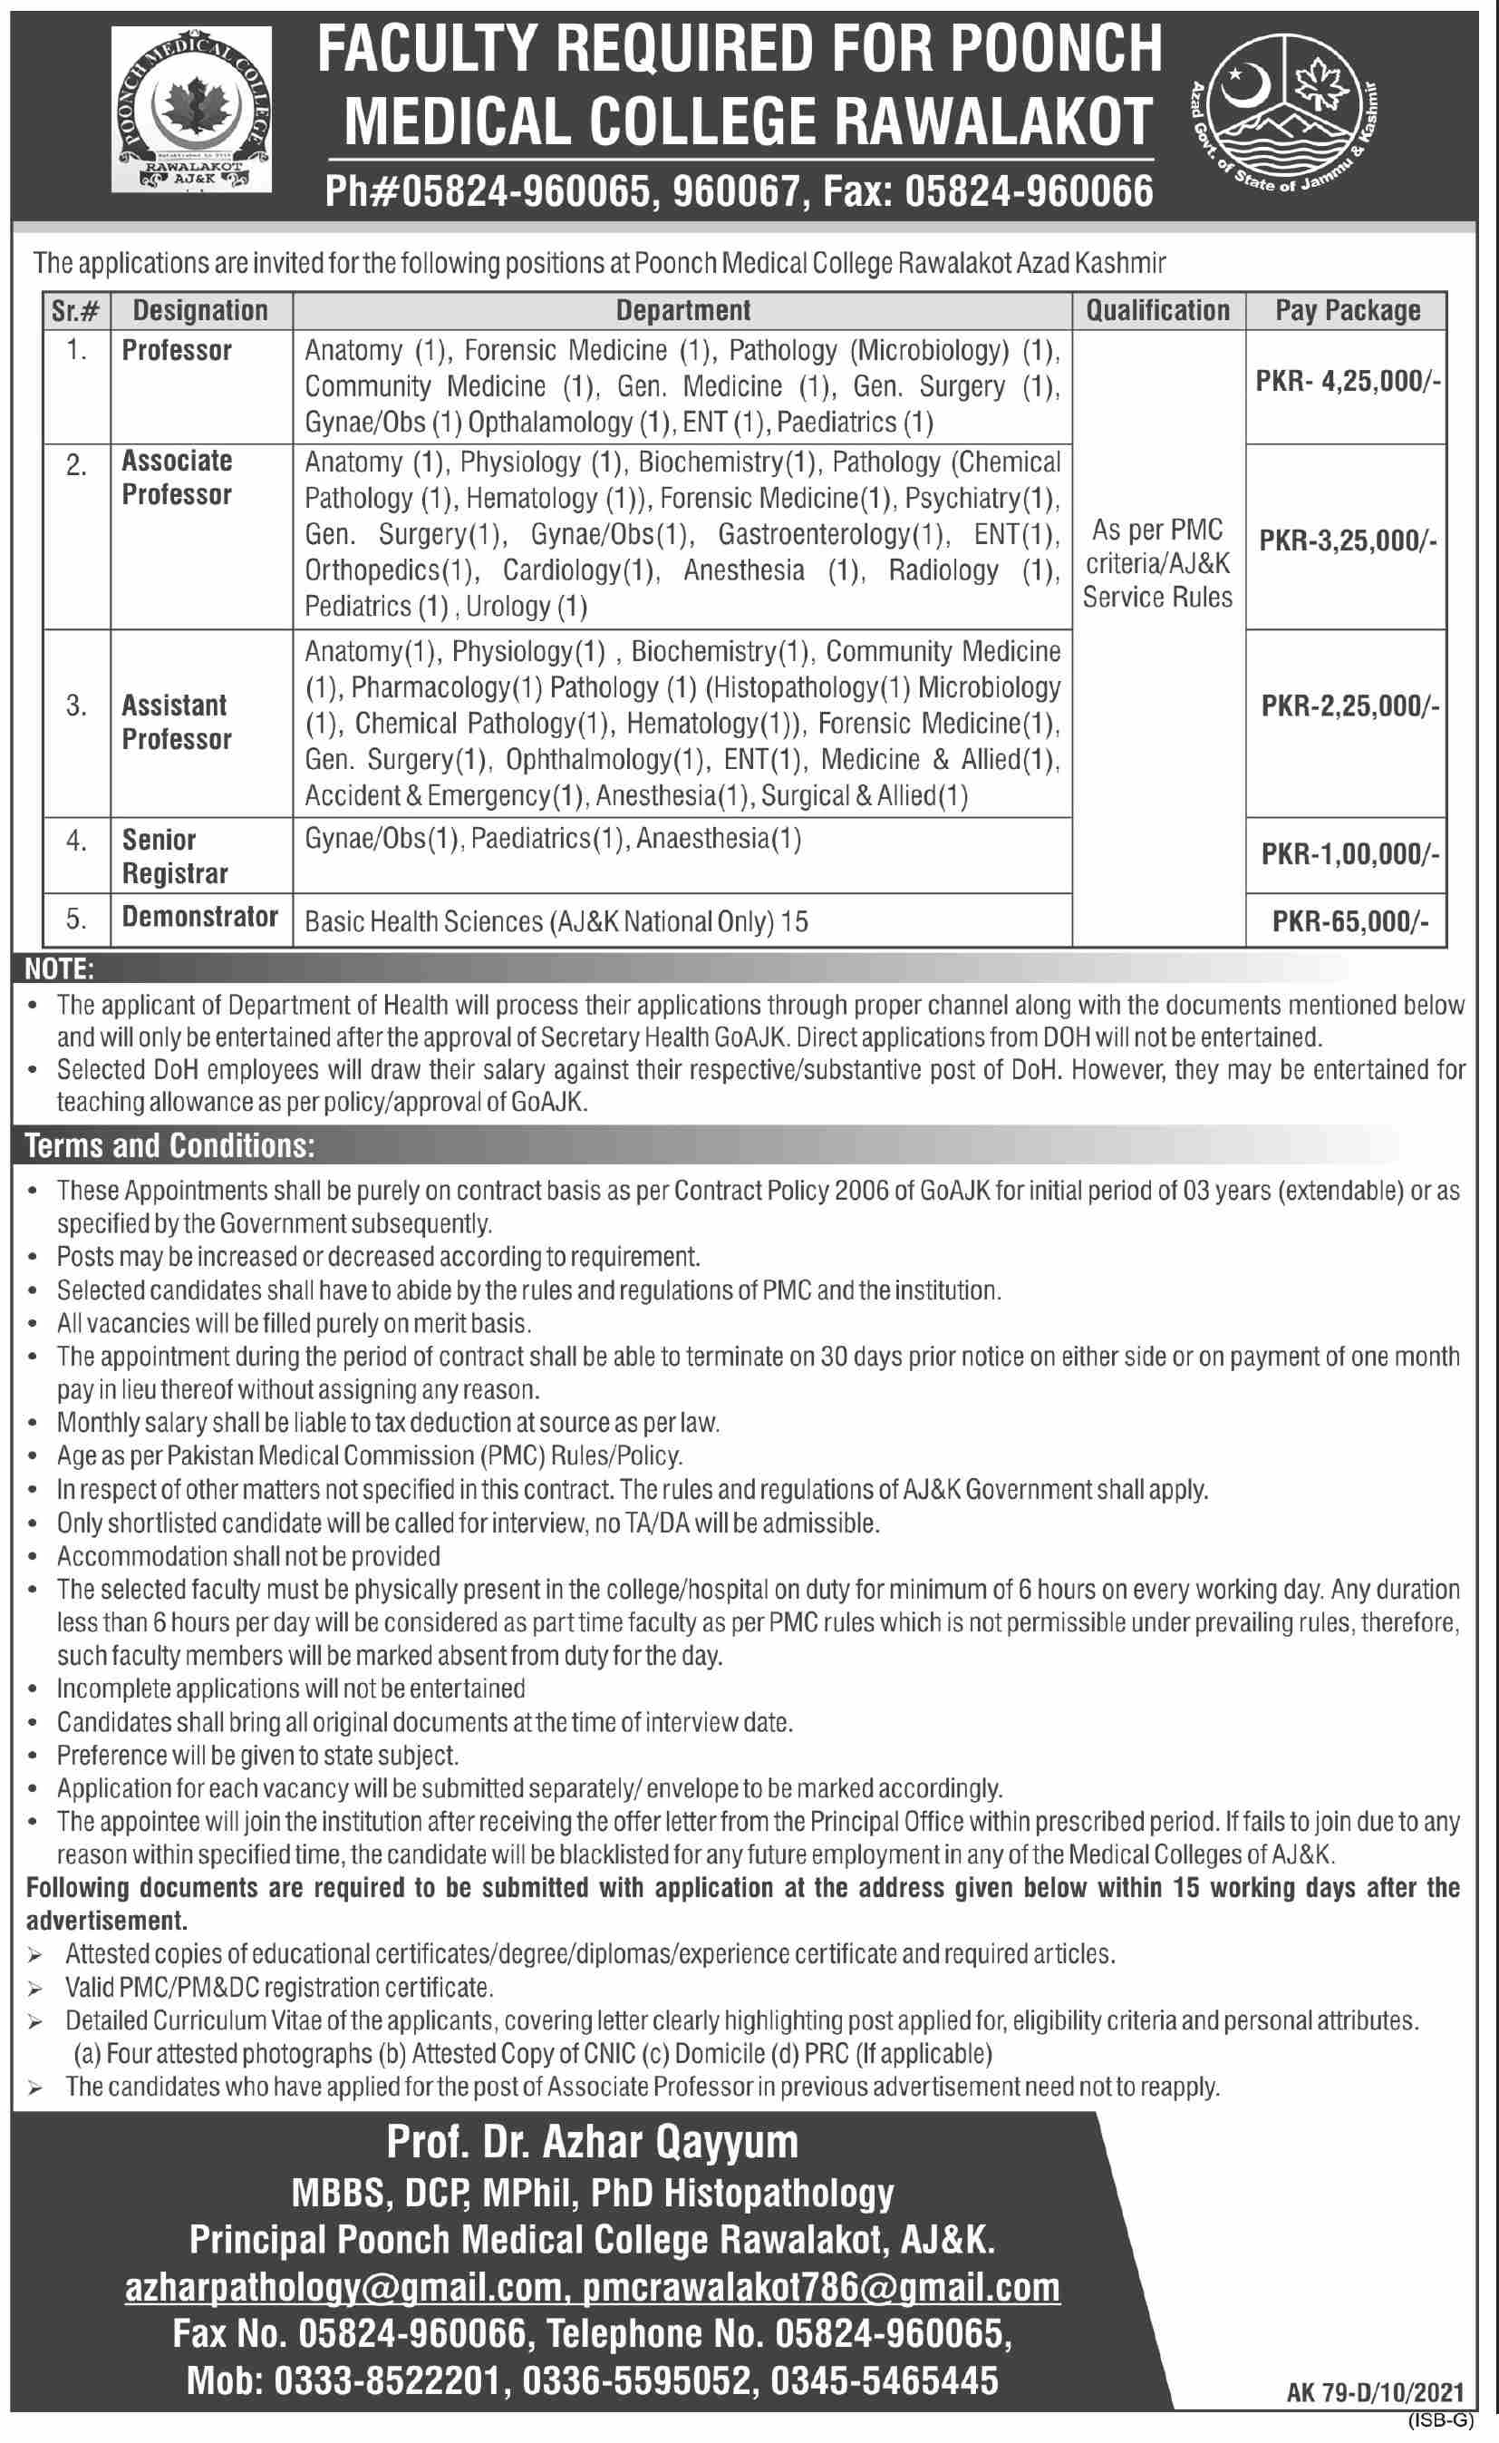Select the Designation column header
(x=200, y=310)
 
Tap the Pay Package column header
(x=1348, y=310)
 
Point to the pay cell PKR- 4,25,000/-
(x=1348, y=383)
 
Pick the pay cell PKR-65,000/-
(x=1349, y=921)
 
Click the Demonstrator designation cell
(x=199, y=918)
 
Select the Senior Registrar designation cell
(x=176, y=856)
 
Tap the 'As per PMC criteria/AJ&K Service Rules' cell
(x=1157, y=562)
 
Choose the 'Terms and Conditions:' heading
(x=170, y=1146)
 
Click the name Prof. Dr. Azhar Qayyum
(x=592, y=2143)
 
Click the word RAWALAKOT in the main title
(x=994, y=122)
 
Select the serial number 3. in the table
(x=76, y=706)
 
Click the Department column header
(x=682, y=310)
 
